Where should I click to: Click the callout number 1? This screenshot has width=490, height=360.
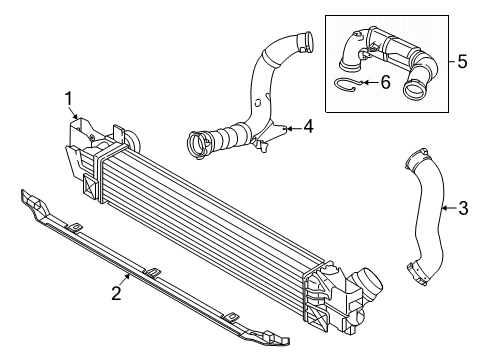(69, 99)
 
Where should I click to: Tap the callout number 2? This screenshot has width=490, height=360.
(116, 294)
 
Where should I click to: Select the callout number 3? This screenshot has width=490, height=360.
(463, 208)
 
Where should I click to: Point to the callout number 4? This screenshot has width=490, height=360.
(308, 127)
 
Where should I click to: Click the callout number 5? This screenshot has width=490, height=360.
(462, 62)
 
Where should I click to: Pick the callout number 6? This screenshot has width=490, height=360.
(385, 82)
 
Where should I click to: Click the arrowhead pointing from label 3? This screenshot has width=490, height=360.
(445, 208)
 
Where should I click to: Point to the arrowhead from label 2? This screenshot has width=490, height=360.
(128, 275)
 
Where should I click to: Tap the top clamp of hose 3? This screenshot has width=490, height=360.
(417, 157)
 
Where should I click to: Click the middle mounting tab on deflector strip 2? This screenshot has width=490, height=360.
(152, 272)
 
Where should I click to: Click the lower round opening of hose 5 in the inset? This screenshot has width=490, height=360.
(414, 89)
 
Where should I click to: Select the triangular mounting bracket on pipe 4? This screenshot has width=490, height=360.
(271, 136)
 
